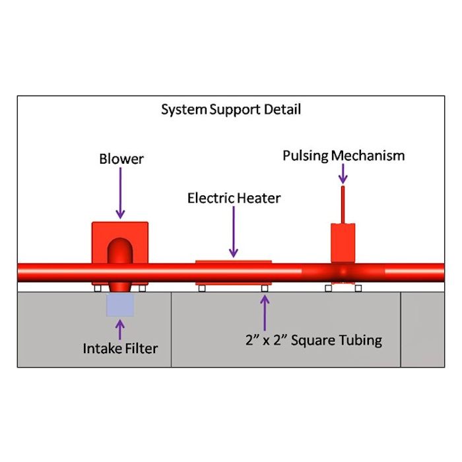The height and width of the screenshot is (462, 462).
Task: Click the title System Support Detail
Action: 231,110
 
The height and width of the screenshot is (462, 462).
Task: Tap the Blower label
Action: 121,159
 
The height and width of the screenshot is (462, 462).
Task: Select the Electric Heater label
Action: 234,198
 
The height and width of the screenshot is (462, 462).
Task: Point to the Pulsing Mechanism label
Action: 343,156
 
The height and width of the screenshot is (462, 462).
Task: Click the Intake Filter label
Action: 120,348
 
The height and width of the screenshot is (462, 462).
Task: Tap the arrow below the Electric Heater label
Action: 234,231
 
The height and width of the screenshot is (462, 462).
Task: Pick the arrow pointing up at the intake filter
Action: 120,328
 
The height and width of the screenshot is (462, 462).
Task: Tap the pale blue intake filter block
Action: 120,304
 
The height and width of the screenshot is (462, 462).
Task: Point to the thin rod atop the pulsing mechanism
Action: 343,205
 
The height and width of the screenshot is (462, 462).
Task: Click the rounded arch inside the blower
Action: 120,251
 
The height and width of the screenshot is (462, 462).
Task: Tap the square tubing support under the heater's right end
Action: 265,288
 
